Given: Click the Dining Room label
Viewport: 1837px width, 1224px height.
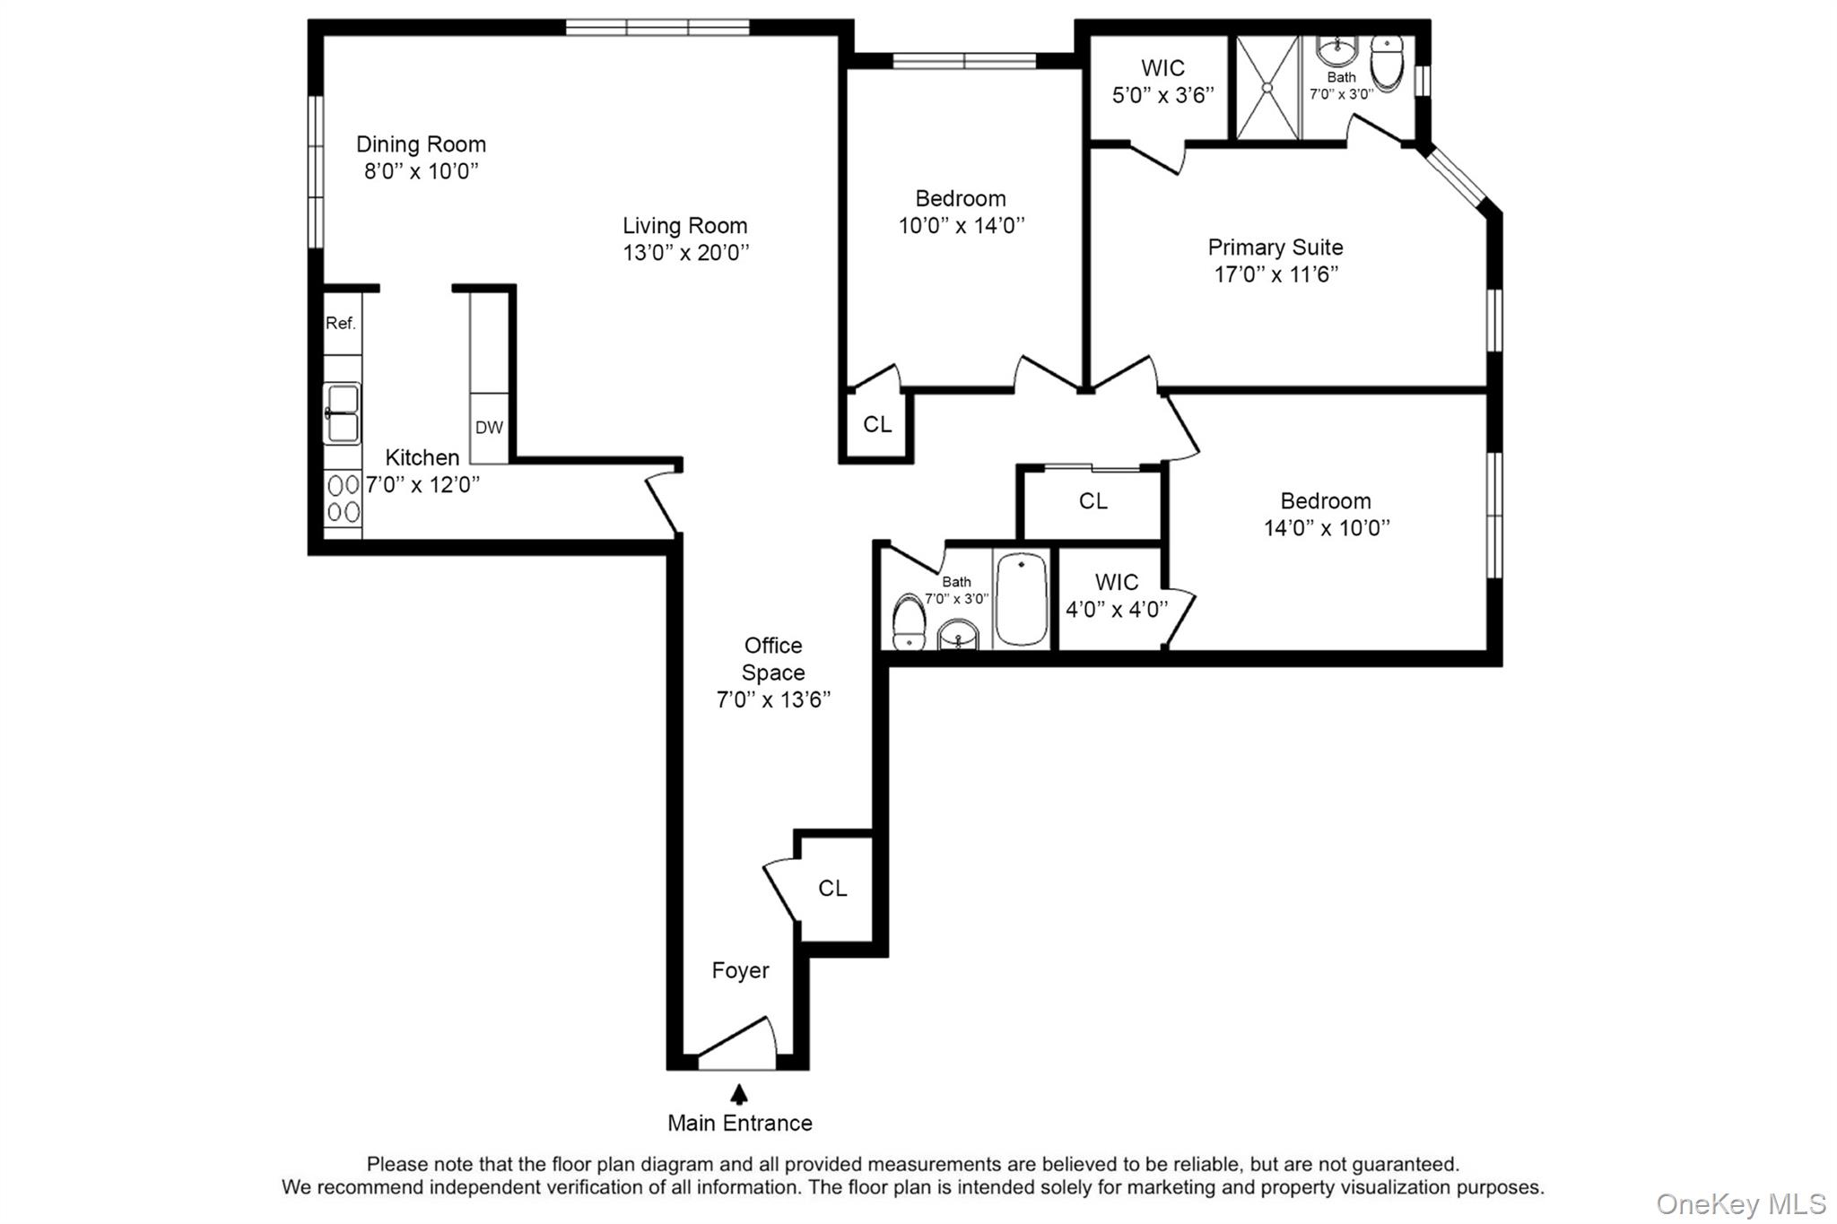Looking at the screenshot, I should click(x=421, y=144).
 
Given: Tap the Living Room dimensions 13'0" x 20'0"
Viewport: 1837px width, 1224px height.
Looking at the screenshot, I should click(x=686, y=253).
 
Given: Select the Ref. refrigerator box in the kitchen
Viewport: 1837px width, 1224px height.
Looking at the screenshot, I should click(x=342, y=323).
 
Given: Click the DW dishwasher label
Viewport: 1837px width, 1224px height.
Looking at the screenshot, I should click(x=489, y=428).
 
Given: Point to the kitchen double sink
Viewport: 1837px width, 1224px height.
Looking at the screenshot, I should click(x=343, y=413).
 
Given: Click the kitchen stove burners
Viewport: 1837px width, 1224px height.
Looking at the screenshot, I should click(x=344, y=499).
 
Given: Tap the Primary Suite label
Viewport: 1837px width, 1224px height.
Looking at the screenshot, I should click(x=1275, y=247).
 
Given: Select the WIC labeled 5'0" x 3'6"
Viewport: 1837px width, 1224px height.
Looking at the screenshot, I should click(x=1162, y=82).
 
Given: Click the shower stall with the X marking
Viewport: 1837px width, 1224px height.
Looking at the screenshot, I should click(x=1267, y=88).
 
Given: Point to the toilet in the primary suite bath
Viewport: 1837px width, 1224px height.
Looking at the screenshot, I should click(x=1387, y=64).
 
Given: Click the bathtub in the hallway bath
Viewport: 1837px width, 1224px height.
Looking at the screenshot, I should click(x=1021, y=599).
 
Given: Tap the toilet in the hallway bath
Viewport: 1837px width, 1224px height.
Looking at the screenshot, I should click(x=909, y=621).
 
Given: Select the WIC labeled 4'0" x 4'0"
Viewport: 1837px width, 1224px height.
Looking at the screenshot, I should click(x=1117, y=596).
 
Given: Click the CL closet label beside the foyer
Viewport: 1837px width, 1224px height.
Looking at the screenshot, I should click(x=832, y=888).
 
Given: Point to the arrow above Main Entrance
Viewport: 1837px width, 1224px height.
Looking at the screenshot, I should click(x=739, y=1094).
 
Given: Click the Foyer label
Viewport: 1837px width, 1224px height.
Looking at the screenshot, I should click(x=740, y=970).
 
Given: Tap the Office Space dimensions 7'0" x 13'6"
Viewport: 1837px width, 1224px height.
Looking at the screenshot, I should click(x=773, y=699).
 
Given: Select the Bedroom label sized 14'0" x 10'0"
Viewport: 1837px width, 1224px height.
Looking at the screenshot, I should click(x=1325, y=501).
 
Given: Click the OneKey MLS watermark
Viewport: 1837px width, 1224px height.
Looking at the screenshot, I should click(x=1740, y=1203).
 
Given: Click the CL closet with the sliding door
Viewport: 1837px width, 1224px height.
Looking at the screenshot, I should click(x=1093, y=501).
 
